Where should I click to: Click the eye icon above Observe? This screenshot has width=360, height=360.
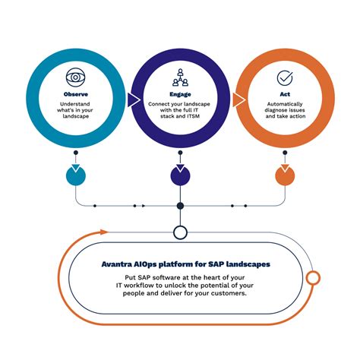click(75, 77)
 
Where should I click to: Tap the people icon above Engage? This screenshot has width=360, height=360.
click(180, 77)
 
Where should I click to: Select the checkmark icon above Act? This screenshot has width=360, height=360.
click(285, 77)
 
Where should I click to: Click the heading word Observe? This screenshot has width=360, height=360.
click(75, 93)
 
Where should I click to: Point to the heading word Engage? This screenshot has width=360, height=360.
click(180, 93)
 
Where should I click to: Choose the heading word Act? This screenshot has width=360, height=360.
click(285, 93)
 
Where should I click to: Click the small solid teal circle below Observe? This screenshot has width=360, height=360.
click(76, 175)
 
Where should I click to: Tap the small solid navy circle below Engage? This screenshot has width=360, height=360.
click(180, 175)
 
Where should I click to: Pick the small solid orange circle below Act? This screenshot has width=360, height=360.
click(285, 175)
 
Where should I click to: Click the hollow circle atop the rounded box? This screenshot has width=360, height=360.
click(180, 232)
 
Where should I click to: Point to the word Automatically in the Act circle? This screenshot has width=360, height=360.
click(285, 103)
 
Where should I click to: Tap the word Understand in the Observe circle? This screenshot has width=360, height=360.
click(75, 103)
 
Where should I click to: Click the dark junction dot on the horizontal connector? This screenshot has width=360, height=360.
click(180, 206)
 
